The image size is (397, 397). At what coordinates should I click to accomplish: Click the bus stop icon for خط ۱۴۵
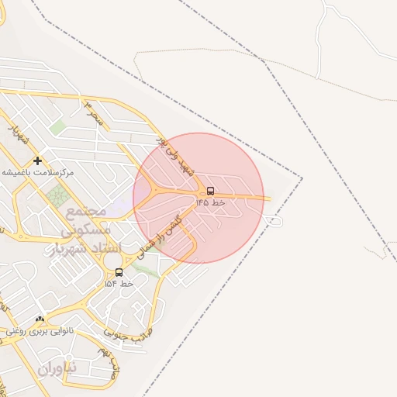[211, 191]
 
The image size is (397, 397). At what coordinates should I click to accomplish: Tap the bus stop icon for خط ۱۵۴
[119, 272]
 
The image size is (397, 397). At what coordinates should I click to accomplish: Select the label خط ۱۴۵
[210, 202]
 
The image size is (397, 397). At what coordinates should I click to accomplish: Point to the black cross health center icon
[37, 161]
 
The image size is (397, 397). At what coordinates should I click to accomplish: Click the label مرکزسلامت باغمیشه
[37, 172]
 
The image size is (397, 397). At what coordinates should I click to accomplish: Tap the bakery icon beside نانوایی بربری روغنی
[40, 319]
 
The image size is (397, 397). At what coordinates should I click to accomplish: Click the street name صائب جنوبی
[128, 332]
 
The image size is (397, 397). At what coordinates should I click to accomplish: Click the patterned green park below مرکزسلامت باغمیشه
[57, 195]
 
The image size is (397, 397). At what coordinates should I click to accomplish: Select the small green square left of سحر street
[57, 126]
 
